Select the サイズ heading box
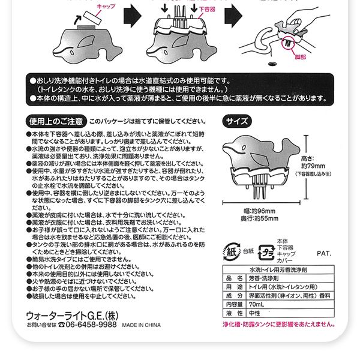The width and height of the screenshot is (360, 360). tap(236, 120)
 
